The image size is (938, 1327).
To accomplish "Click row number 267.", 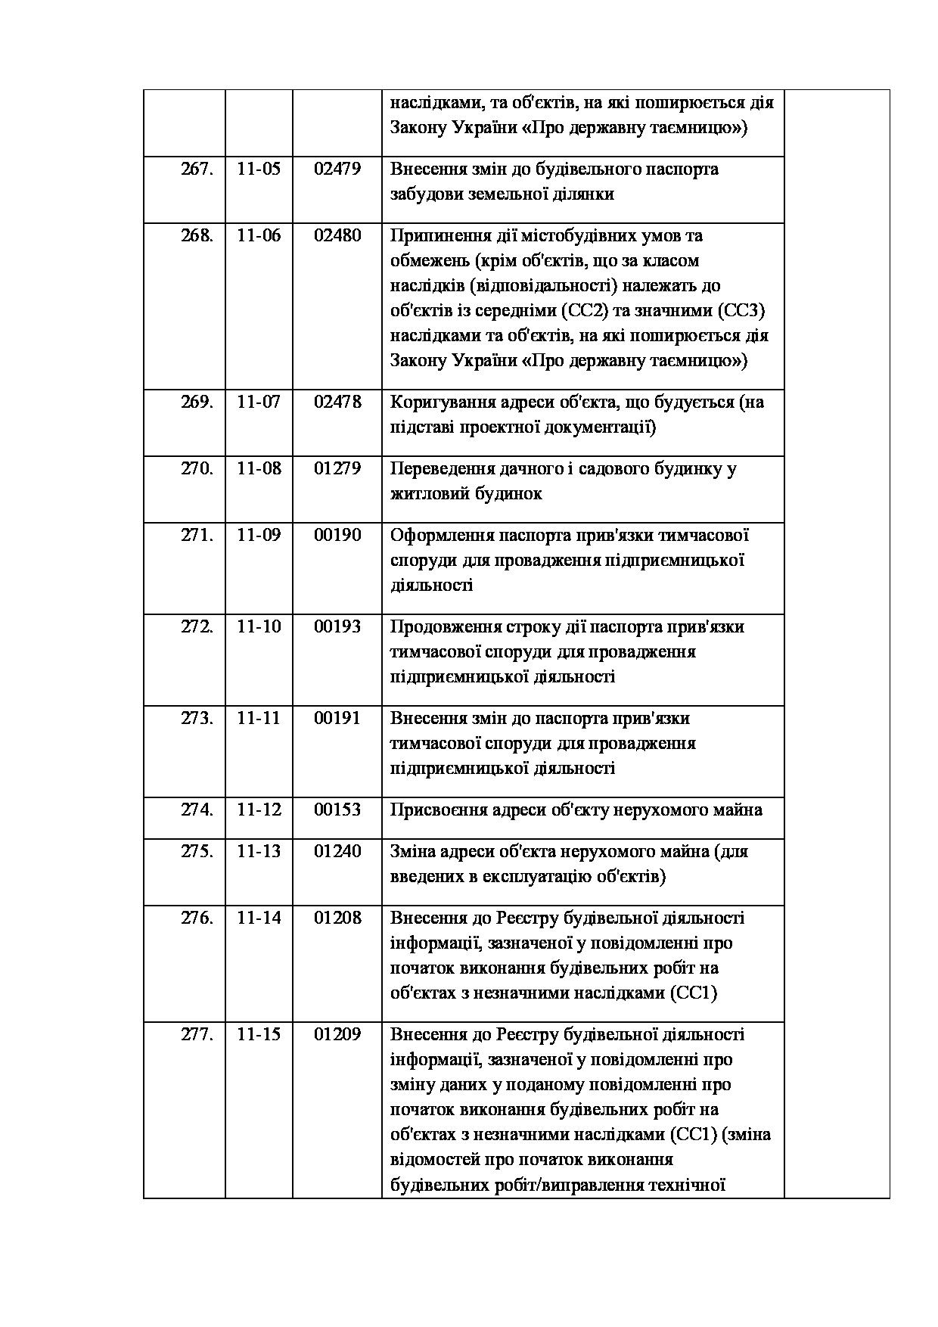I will tap(197, 169).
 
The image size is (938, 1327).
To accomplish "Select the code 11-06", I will tap(259, 235).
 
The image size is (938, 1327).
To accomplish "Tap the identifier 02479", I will tap(337, 169).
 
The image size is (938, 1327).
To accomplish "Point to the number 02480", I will tap(337, 235).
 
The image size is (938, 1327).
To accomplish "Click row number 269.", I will tap(197, 402).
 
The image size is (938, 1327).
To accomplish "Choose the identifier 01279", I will tap(337, 468).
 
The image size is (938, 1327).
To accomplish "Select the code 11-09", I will tap(259, 535).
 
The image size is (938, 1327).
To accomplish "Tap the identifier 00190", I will tap(337, 535).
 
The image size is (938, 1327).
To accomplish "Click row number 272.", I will tap(197, 626).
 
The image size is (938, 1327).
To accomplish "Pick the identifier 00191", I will tap(337, 718).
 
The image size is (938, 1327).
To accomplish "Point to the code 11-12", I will tap(259, 810).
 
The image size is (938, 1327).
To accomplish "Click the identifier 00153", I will tap(337, 810).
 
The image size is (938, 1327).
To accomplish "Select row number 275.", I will tap(197, 851).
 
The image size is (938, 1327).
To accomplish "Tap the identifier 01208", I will tap(337, 918).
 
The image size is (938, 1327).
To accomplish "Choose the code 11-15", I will tap(259, 1034).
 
